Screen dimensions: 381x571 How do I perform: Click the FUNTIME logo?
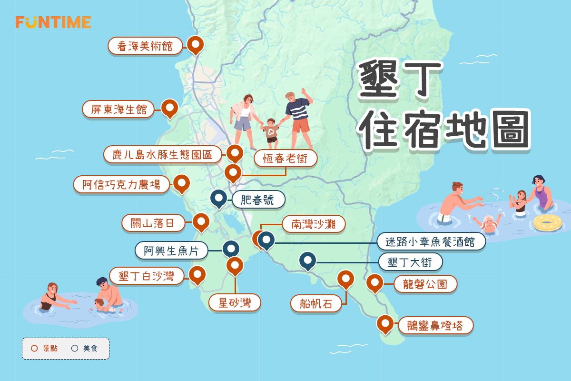tap(53, 22)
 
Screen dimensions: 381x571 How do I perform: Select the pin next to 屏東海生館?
tap(169, 108)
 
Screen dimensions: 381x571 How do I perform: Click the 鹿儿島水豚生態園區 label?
tap(162, 155)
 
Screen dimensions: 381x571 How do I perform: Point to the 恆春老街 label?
tap(285, 160)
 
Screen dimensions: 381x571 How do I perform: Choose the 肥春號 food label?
tap(258, 200)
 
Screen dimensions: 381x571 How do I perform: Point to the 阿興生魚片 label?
tap(171, 250)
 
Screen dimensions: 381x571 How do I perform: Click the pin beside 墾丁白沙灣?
tap(197, 275)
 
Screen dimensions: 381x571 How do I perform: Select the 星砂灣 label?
tap(235, 302)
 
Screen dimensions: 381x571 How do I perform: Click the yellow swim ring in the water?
tap(548, 222)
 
